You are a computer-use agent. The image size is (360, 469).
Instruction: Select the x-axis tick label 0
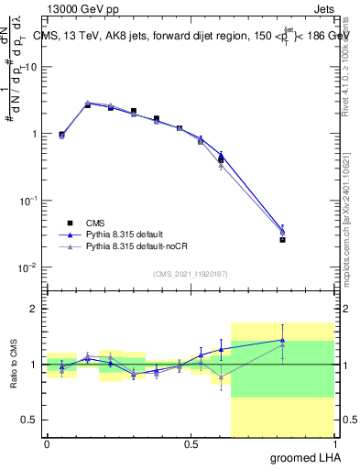click(x=47, y=444)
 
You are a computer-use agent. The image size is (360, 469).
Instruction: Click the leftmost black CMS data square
click(x=61, y=135)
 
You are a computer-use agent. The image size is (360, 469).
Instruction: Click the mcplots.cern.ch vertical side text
click(x=346, y=220)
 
